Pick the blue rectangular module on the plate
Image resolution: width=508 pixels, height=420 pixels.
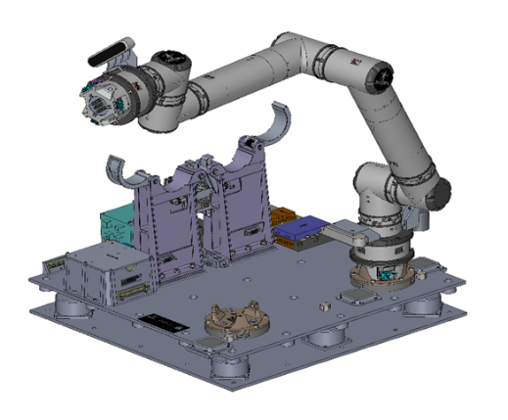[x=301, y=231]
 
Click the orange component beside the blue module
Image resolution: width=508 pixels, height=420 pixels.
[x=282, y=216]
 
